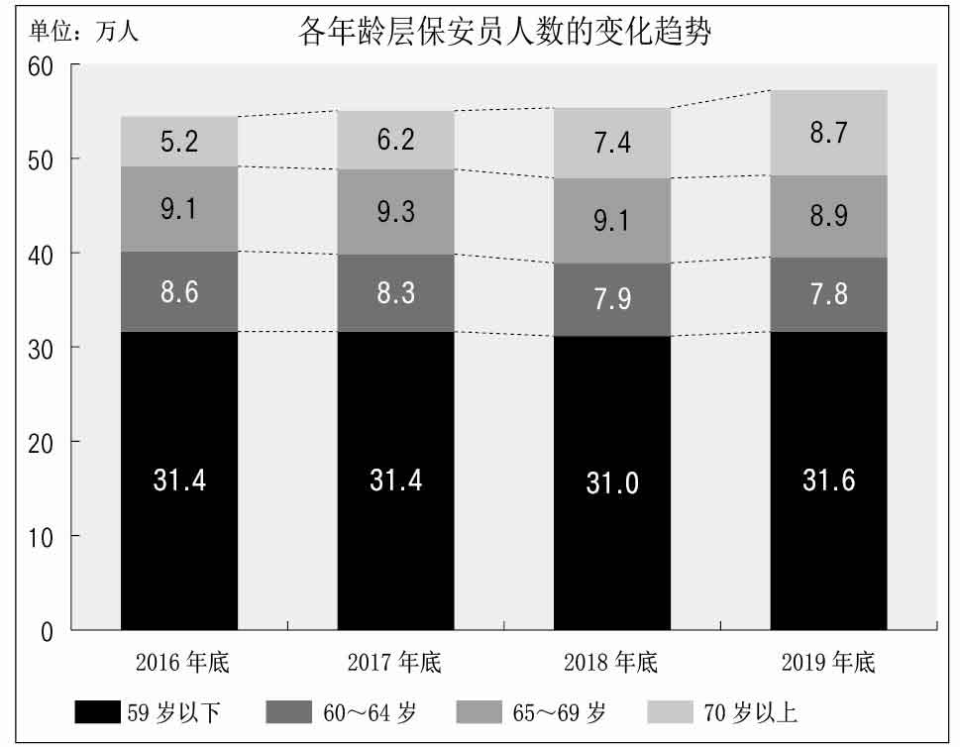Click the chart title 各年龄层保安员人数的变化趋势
point(505,33)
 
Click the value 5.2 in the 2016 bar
point(179,142)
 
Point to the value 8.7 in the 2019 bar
point(828,133)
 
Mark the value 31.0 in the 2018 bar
point(612,483)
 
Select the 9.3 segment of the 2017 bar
point(395,212)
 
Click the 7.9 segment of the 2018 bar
point(612,299)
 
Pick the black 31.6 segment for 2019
point(828,480)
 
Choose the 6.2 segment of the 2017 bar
point(395,140)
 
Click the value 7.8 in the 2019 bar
point(828,294)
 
